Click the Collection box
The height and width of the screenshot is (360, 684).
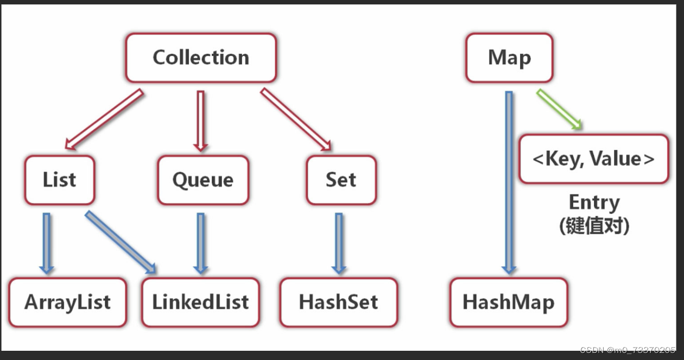click(201, 58)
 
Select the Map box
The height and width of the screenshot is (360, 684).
click(509, 58)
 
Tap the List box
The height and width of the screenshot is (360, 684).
click(59, 180)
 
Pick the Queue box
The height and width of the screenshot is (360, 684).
click(203, 180)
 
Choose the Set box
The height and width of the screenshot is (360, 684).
click(341, 180)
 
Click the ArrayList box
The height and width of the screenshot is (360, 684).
click(67, 302)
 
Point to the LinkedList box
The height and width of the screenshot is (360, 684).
click(200, 302)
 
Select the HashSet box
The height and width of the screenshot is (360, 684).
click(339, 302)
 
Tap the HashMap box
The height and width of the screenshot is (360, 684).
click(508, 302)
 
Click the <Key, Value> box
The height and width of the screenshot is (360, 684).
click(593, 159)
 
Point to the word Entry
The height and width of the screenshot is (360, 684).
click(594, 203)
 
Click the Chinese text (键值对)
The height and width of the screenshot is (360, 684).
click(594, 225)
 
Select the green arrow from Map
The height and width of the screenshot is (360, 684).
click(559, 110)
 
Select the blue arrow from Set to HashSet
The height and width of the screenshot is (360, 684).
click(339, 243)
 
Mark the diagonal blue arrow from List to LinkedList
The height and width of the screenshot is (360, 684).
click(121, 242)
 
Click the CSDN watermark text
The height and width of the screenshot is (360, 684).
click(627, 350)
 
